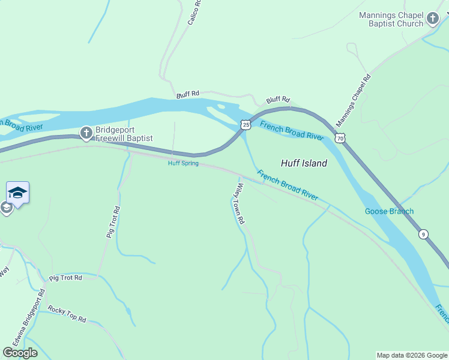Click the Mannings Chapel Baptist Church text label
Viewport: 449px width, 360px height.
(x=391, y=19)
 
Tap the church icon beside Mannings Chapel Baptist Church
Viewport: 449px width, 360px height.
(x=432, y=19)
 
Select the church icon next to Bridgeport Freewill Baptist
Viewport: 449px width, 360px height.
(x=86, y=133)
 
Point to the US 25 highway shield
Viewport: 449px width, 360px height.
(x=245, y=125)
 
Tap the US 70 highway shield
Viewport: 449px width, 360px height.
(x=340, y=139)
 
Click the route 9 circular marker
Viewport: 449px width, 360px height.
(x=424, y=234)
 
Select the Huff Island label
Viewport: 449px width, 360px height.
(x=304, y=163)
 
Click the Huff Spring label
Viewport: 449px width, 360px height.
(x=183, y=163)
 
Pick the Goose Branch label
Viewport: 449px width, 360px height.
(x=389, y=211)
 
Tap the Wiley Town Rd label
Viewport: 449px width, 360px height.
(x=239, y=204)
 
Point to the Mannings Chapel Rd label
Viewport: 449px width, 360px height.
(x=354, y=100)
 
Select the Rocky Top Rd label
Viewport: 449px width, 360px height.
(x=67, y=314)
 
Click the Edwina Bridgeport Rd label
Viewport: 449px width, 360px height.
(x=34, y=317)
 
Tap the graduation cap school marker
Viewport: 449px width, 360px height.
(x=17, y=193)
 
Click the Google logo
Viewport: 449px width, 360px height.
(x=20, y=353)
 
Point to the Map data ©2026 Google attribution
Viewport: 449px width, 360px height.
(x=412, y=355)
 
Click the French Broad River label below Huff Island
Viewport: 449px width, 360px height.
(x=288, y=185)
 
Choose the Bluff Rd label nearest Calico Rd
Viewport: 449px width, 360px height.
(x=188, y=95)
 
